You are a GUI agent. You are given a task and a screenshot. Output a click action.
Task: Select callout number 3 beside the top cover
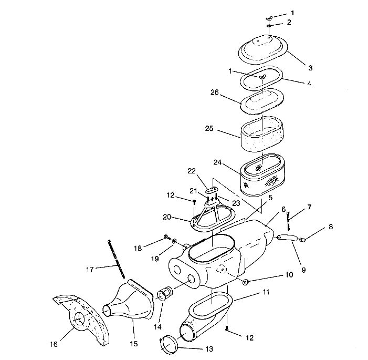[310, 68]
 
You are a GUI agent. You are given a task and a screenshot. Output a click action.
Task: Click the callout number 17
[90, 269]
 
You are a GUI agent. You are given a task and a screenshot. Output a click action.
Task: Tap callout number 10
[288, 274]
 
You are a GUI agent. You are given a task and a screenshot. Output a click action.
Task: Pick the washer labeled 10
[245, 282]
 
